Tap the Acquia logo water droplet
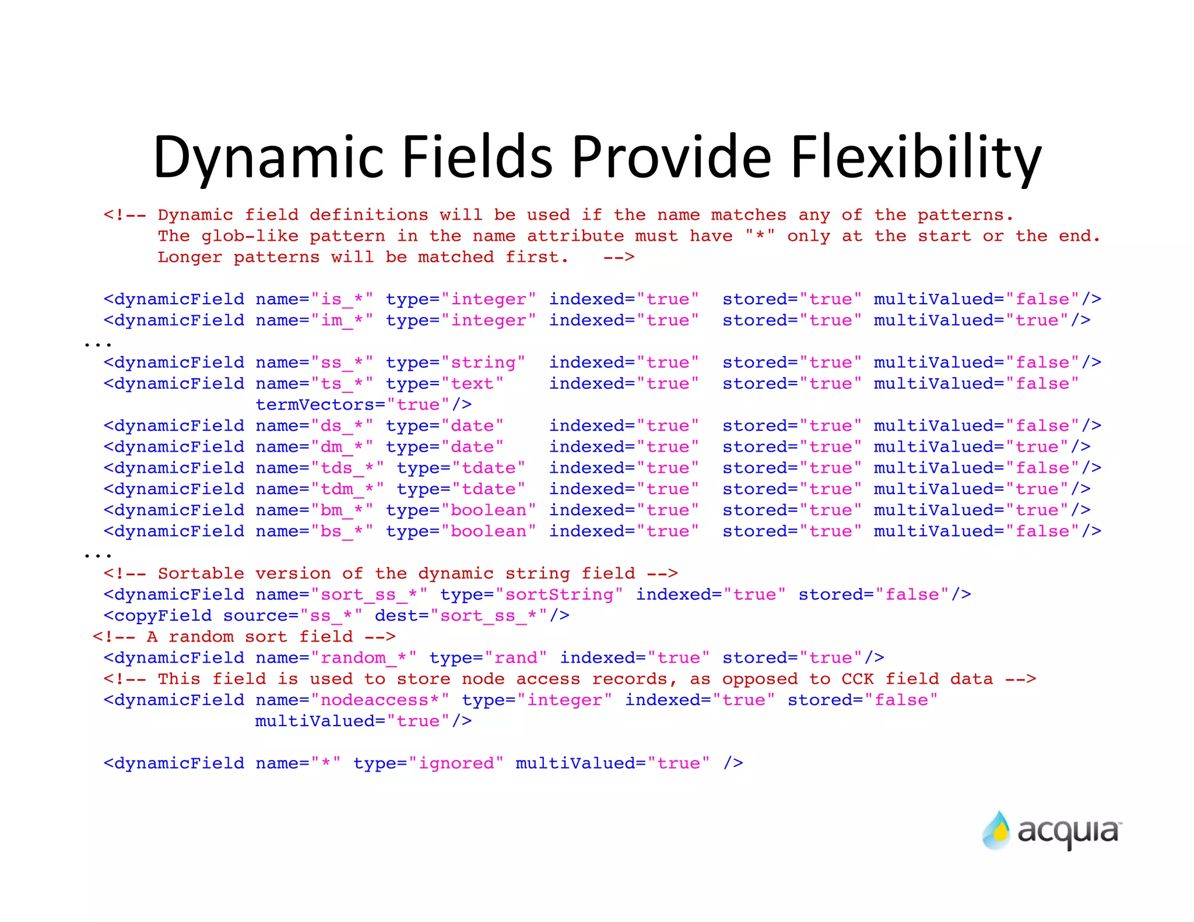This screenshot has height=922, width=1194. [996, 830]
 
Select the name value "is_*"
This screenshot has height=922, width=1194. [342, 300]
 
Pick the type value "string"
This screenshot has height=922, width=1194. [483, 363]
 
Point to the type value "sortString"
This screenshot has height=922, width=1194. [559, 595]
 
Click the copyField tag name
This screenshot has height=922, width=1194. [163, 616]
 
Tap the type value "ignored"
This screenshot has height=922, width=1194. [456, 763]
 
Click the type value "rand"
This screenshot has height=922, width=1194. [516, 658]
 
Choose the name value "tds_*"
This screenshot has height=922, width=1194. [347, 469]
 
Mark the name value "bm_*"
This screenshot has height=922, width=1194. [342, 511]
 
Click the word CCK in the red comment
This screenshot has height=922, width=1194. [858, 679]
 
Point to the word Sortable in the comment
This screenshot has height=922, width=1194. [201, 573]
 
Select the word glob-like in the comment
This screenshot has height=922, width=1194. [250, 237]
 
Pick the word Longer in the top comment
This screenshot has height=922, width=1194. [189, 258]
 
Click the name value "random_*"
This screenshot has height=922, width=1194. [363, 658]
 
